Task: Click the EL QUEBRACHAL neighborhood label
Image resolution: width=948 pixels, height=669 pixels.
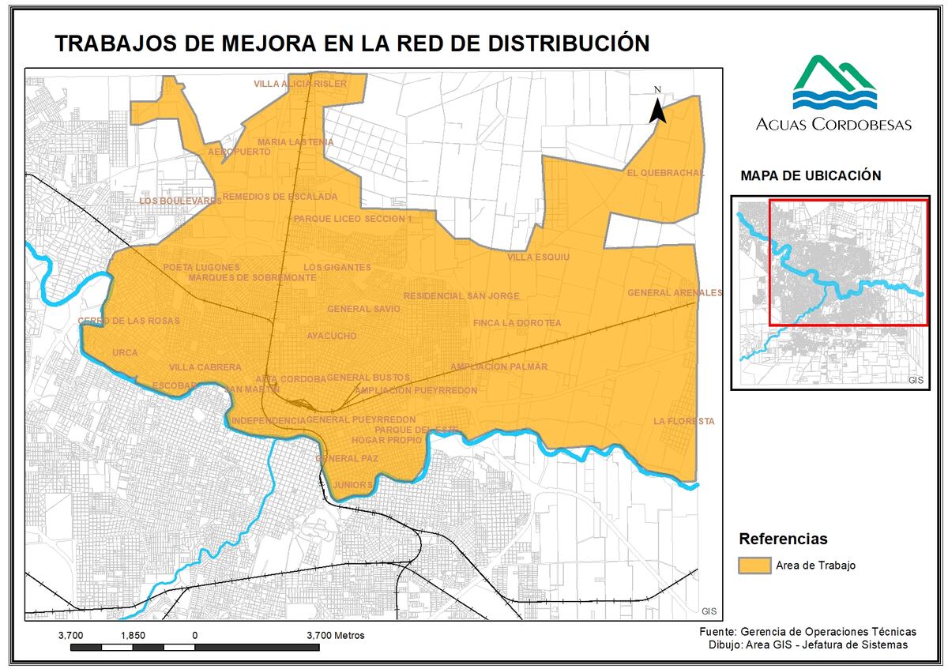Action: (x=664, y=173)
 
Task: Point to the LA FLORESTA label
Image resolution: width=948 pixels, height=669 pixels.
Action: (x=683, y=422)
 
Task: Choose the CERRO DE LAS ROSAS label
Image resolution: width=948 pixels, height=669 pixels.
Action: (x=129, y=321)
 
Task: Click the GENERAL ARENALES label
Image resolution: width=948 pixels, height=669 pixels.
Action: (x=675, y=293)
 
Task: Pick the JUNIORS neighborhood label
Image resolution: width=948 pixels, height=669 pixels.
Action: (x=352, y=484)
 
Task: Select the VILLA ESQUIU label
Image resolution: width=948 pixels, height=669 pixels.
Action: (x=537, y=257)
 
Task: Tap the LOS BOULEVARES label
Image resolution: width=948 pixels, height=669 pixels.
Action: (x=180, y=201)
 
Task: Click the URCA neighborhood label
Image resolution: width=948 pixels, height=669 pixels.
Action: (x=125, y=353)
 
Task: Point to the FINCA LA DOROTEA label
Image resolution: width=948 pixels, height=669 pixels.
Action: (x=517, y=323)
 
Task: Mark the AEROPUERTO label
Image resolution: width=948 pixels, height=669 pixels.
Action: (x=239, y=152)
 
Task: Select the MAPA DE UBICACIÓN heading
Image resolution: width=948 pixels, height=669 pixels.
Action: (x=810, y=176)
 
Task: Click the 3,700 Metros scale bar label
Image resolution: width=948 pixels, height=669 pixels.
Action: (x=335, y=635)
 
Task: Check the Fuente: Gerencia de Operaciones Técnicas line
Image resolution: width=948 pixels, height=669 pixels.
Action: (x=808, y=632)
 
